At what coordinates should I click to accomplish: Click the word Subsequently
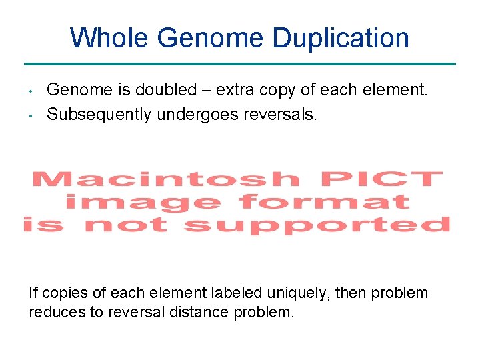pyautogui.click(x=99, y=115)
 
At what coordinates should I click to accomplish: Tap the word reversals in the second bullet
pyautogui.click(x=281, y=115)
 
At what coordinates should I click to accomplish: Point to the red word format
pyautogui.click(x=323, y=201)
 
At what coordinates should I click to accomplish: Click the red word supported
pyautogui.click(x=317, y=224)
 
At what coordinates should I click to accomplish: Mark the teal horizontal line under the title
pyautogui.click(x=240, y=64)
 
